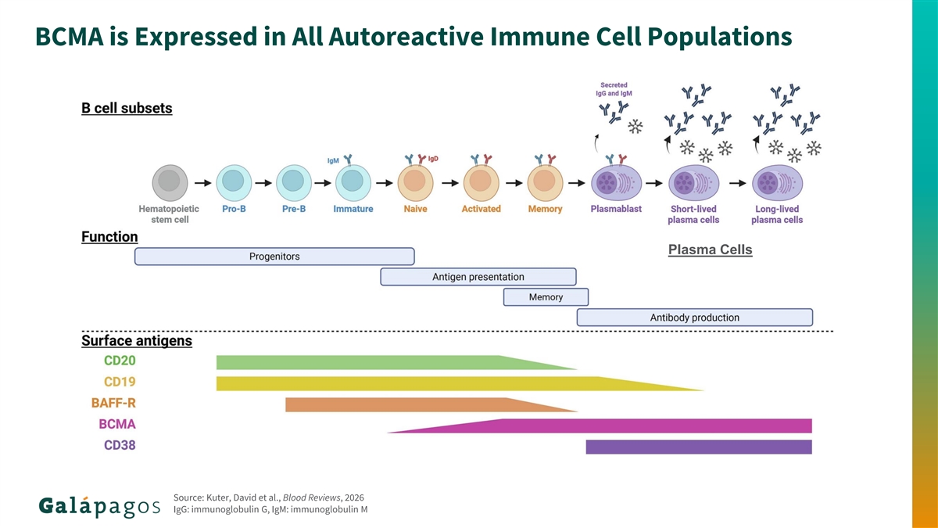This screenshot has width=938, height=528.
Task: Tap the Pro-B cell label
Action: coord(234,209)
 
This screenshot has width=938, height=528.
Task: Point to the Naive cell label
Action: coord(415,209)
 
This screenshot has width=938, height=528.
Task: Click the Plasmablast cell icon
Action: coord(616,185)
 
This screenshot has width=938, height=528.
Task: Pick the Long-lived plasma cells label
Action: coord(776,214)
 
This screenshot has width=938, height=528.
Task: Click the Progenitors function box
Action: coord(274,257)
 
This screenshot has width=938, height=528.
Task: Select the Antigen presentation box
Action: coord(478,277)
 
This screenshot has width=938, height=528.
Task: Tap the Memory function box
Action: coord(546,297)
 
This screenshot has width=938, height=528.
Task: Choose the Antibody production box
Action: coord(695,318)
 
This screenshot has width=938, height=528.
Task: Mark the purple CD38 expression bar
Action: coord(699,447)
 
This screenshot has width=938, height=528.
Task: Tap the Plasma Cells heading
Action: coord(710,250)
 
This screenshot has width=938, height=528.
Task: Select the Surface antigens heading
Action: coord(137,341)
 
